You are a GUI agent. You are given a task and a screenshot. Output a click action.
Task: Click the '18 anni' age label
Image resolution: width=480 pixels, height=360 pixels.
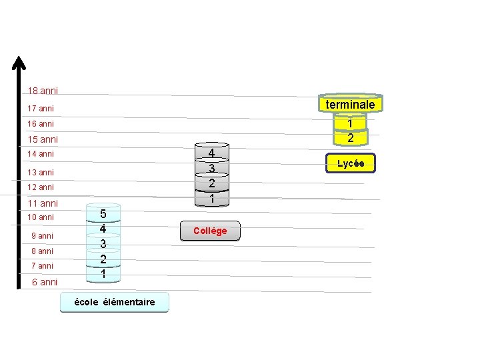[x=43, y=91]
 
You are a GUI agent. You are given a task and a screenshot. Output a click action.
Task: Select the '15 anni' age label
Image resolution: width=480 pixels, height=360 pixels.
[x=43, y=140]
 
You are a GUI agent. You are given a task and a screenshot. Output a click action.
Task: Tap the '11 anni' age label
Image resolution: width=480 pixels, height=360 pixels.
[x=43, y=203]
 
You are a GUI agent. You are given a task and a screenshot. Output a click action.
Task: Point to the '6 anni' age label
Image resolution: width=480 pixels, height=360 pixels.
[x=45, y=282]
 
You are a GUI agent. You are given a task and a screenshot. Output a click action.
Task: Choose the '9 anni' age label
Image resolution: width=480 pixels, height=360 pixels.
[x=43, y=236]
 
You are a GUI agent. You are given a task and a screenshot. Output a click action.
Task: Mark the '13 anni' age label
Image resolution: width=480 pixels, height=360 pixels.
[x=41, y=173]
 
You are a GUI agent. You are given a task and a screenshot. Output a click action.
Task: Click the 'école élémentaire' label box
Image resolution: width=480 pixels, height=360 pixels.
[x=115, y=302]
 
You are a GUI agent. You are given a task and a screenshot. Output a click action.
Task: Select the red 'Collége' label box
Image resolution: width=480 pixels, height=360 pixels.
[x=210, y=231]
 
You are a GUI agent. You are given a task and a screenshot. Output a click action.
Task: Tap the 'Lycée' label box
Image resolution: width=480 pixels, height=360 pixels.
[x=351, y=163]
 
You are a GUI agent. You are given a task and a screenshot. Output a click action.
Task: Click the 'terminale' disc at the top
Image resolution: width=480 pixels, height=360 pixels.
[x=350, y=105]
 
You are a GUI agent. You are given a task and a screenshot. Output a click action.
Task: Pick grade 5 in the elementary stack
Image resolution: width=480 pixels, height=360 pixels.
[x=103, y=214]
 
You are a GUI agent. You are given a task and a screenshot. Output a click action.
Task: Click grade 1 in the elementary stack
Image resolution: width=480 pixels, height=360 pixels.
[x=103, y=273]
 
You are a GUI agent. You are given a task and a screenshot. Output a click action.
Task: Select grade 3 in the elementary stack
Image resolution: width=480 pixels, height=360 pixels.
[x=103, y=244]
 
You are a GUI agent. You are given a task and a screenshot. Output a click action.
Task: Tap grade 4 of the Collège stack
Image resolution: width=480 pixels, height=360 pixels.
[x=211, y=153]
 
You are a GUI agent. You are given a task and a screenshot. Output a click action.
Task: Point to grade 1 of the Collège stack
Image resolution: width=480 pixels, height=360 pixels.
[x=211, y=199]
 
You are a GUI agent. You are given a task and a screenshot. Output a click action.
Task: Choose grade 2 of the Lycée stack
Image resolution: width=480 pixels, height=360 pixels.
[x=351, y=138]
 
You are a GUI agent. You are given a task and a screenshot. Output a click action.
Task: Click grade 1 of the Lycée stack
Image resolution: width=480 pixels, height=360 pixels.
[x=351, y=123]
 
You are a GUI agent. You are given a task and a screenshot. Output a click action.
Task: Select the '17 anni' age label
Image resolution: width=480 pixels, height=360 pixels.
[x=41, y=108]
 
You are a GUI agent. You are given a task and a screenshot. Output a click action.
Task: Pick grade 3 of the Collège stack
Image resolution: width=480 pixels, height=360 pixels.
[x=211, y=169]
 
